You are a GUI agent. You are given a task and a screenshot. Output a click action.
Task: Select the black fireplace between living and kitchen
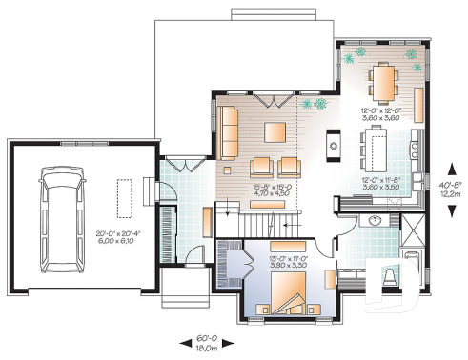334,143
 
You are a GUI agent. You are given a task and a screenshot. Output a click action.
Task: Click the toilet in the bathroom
390,279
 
